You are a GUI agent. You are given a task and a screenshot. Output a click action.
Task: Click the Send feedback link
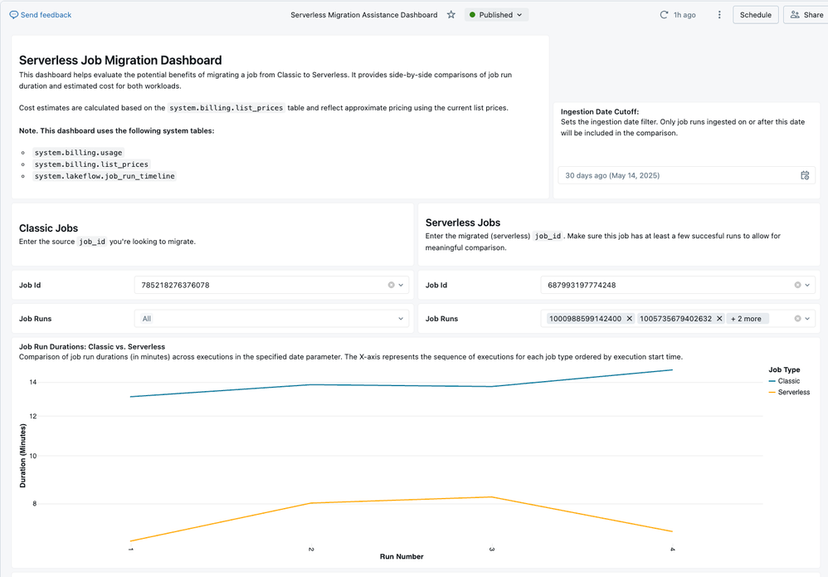click(41, 15)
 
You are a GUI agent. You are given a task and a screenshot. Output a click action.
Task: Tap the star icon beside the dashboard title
click(451, 15)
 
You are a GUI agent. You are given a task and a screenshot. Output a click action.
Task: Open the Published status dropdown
click(496, 15)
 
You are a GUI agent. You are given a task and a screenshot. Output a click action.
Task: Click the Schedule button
click(755, 15)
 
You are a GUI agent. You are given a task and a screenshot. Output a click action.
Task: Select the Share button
click(806, 15)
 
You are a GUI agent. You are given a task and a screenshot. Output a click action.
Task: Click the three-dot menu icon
click(719, 15)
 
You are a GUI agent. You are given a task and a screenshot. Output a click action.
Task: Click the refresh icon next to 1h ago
click(664, 15)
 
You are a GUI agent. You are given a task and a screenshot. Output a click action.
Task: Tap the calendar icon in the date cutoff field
click(805, 175)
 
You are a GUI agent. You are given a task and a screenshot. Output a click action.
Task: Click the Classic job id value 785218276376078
click(175, 285)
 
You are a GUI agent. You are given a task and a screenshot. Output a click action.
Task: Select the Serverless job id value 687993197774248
click(582, 285)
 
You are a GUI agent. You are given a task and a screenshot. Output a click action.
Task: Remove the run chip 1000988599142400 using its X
click(629, 319)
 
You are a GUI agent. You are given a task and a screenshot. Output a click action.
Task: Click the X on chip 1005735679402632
click(719, 319)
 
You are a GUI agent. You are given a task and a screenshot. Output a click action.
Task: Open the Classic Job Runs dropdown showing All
click(271, 319)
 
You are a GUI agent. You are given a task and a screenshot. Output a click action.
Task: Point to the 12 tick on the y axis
click(33, 417)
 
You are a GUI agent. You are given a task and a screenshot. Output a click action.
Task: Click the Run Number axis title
click(402, 556)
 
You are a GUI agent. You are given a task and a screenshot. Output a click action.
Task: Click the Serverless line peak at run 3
click(492, 497)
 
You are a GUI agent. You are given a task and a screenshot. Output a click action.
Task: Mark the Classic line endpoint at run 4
click(672, 370)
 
